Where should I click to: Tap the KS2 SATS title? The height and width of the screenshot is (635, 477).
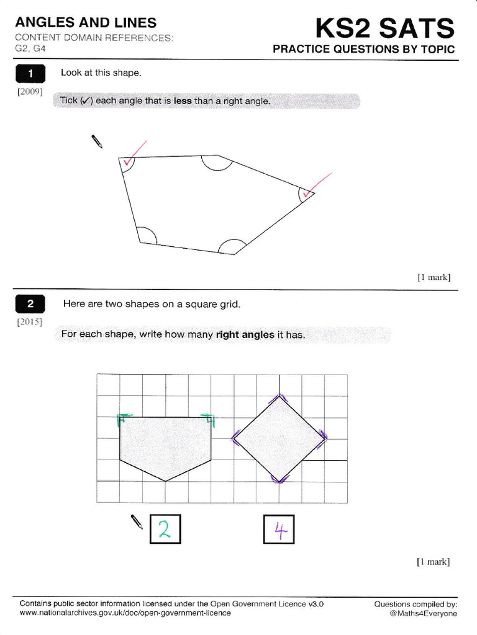[x=384, y=28]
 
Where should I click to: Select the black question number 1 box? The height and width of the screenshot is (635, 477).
[x=30, y=75]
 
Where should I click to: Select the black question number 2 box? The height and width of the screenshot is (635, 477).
[x=30, y=304]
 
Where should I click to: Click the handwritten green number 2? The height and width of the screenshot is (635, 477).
[x=165, y=529]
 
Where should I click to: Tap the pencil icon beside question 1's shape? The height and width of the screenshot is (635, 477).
[x=97, y=141]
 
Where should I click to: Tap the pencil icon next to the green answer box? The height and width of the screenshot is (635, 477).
[x=137, y=522]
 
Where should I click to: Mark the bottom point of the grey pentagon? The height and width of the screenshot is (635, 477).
[x=165, y=481]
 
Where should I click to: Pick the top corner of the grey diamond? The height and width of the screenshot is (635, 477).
[x=278, y=396]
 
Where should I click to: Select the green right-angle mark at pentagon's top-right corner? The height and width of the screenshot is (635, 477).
[x=207, y=420]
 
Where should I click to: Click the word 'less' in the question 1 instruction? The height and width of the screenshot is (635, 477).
[x=183, y=101]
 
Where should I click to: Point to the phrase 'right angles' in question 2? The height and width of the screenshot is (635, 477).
[x=245, y=335]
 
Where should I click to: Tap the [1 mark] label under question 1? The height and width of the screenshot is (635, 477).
[x=433, y=277]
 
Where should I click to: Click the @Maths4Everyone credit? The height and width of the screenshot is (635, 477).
[x=423, y=613]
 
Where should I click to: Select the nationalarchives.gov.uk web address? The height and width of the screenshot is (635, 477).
[x=125, y=613]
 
